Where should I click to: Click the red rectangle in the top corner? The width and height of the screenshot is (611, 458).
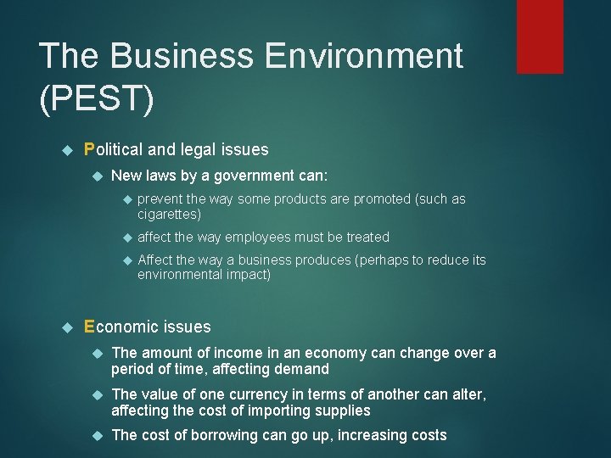540,36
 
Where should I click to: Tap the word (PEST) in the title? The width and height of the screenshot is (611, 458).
97,99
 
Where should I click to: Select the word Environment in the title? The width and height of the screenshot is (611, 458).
364,56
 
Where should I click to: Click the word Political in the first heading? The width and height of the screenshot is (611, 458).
114,150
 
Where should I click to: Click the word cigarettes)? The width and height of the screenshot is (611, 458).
169,215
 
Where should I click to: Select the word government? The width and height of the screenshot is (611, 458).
249,176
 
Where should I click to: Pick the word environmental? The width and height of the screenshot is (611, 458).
180,275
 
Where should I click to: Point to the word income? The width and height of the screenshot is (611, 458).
238,353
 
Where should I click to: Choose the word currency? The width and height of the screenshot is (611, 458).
266,394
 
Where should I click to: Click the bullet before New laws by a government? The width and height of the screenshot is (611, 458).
97,176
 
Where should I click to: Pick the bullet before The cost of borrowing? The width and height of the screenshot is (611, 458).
97,436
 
